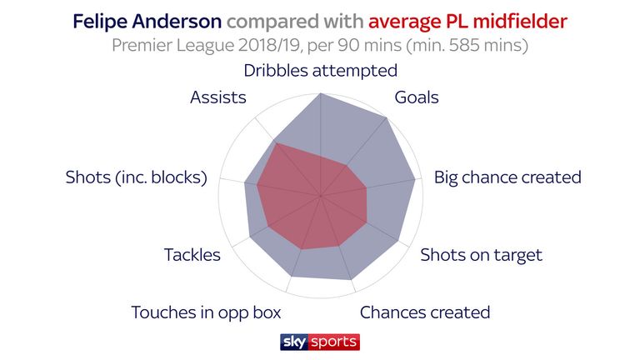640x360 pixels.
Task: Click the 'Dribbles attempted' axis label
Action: click(x=320, y=71)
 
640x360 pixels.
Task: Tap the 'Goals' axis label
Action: click(x=417, y=97)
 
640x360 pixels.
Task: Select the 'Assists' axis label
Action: click(x=218, y=97)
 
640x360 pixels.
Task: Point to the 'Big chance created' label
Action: click(x=507, y=177)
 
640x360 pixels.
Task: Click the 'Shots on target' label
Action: click(x=481, y=255)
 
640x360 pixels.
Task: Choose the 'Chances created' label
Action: click(x=425, y=312)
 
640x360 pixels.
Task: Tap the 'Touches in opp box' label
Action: click(x=206, y=313)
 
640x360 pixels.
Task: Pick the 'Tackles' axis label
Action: click(x=192, y=255)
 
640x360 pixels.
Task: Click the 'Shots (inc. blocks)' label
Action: click(x=137, y=177)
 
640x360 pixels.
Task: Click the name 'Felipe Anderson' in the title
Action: click(x=147, y=21)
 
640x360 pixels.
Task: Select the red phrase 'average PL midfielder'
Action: click(x=467, y=21)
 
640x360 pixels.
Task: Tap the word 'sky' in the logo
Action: click(x=294, y=342)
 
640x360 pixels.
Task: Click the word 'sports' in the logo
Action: click(x=333, y=342)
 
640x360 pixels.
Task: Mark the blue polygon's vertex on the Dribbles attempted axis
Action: click(x=321, y=93)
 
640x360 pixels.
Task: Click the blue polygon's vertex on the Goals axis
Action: click(x=386, y=118)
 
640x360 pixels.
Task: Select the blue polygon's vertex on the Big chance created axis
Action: click(x=415, y=179)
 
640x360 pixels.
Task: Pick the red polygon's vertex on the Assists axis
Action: click(x=276, y=142)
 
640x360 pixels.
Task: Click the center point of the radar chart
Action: click(x=321, y=196)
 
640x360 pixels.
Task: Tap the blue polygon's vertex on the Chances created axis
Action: click(x=351, y=280)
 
